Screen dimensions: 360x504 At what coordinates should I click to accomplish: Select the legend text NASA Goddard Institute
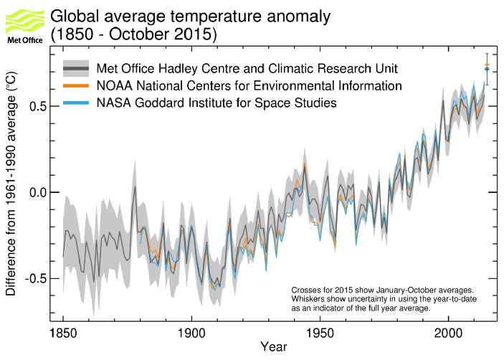217,103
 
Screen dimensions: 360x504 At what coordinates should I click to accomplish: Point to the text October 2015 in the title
153,34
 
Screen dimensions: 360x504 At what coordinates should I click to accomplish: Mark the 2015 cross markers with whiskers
487,67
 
